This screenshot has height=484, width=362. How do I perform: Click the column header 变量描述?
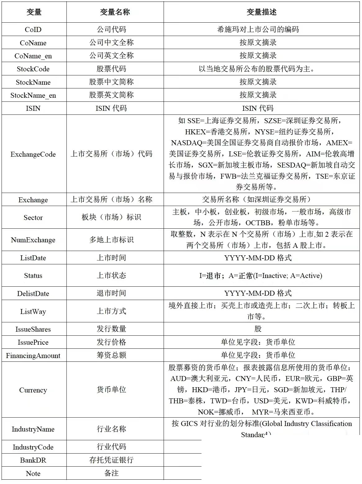coord(261,12)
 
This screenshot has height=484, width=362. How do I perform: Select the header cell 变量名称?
coord(115,12)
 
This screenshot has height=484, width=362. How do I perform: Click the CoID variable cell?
coord(33,29)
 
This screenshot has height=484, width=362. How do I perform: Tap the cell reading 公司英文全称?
coord(111,56)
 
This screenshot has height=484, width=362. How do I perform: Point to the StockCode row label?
coord(33,69)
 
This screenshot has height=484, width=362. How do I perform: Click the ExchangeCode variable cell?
coord(33,154)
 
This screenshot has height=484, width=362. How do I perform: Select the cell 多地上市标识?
coord(111,240)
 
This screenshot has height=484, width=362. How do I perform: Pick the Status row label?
coord(33,276)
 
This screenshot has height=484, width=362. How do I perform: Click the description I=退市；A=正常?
coord(261,276)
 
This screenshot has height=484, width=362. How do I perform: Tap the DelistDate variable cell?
coord(33,294)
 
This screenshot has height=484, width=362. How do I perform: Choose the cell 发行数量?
coord(111,329)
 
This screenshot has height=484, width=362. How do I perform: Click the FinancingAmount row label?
coord(33,356)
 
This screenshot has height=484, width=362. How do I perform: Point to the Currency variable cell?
coord(33,390)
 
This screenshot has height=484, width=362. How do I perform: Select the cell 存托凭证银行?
coord(111,460)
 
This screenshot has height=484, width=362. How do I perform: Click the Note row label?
coord(33,473)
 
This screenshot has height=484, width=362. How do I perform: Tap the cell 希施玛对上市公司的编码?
coord(258,29)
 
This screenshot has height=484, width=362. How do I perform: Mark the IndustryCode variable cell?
coord(33,447)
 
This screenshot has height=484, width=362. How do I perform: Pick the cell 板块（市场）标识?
coord(111,217)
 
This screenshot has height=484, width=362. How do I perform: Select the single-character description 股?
coord(258,329)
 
